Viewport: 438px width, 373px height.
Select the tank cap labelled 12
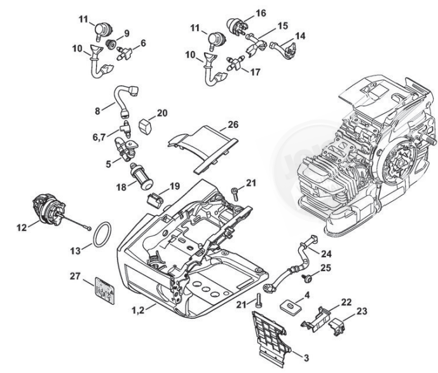coord(46,208)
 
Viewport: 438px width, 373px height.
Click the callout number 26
coord(233,126)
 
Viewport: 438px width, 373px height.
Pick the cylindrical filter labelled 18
coord(138,172)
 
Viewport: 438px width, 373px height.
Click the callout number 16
coord(243,13)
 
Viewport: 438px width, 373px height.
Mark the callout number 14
coord(299,37)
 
